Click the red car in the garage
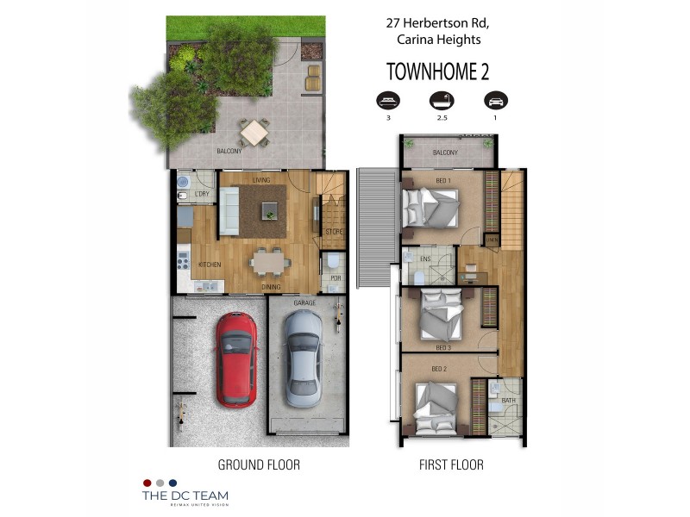pos(235,358)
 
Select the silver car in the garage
pos(303,358)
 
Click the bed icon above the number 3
pos(388,100)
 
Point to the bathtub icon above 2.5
pos(441,100)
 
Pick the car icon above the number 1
pos(494,100)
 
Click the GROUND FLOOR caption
pos(259,464)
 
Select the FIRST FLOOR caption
pos(450,464)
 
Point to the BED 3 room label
pos(443,347)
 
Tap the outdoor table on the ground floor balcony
pos(254,133)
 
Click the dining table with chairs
pos(270,259)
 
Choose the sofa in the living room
pos(229,211)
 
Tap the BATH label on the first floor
pos(508,400)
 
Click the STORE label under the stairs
pos(334,232)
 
